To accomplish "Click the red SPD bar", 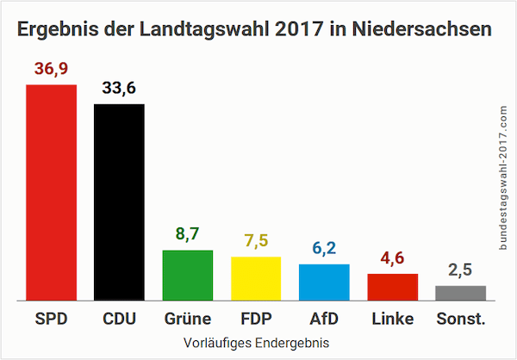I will (x=52, y=191).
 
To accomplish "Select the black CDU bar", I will (x=119, y=202).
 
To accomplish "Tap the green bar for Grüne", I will (x=188, y=275).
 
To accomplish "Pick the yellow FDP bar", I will (x=256, y=278).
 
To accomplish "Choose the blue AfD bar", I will (x=324, y=282).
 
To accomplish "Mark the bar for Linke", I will (x=392, y=287).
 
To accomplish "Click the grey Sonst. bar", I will (x=460, y=293).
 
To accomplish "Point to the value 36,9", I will (x=52, y=69).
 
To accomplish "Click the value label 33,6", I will (x=119, y=89).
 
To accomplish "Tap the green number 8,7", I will (x=188, y=235).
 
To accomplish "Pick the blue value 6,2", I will (x=324, y=250).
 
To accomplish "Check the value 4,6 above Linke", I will (x=392, y=259).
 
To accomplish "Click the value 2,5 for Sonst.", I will (x=460, y=271).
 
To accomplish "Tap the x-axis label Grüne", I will (x=188, y=320).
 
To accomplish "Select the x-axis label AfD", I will (x=324, y=320).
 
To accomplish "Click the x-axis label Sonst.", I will (x=460, y=320).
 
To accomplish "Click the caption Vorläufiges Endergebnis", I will (x=256, y=343).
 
